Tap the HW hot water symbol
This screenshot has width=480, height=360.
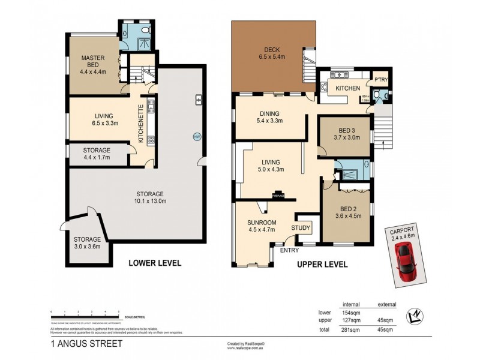coord(196,137)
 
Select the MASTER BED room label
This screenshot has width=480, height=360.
coord(93,62)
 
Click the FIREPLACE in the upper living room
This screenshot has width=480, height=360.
coord(279,195)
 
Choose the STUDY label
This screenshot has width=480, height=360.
coord(301,228)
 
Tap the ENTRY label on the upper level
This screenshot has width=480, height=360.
coord(289,250)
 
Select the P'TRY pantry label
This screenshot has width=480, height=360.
coord(380,80)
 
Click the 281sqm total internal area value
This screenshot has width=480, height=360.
coord(350,329)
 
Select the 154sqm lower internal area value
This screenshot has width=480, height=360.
coord(350,312)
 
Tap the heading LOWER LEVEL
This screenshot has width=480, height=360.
coord(155,263)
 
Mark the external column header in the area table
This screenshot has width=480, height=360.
coord(385,304)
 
